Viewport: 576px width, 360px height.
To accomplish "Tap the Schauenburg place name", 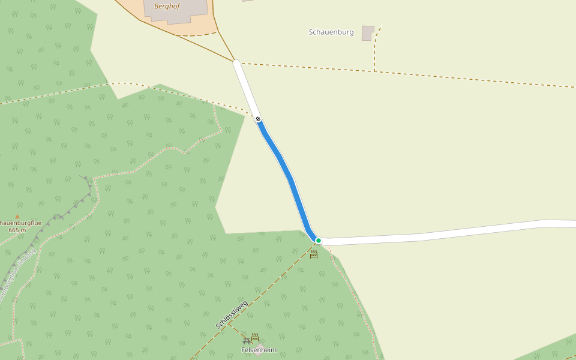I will tap(331, 32).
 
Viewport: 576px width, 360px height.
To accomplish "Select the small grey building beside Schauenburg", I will tap(367, 33).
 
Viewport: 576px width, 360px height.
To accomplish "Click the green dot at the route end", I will tap(319, 241).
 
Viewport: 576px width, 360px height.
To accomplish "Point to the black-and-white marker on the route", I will tap(258, 119).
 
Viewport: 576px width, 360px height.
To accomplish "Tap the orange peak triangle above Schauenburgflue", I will tap(17, 217).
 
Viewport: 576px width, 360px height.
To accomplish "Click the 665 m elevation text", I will tap(17, 230).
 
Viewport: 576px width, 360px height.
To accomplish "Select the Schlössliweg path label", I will tap(232, 314).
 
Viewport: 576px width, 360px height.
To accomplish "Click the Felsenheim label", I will tap(259, 350).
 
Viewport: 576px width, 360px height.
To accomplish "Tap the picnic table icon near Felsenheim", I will tap(247, 341).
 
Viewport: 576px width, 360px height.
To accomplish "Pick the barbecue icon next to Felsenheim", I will tap(255, 337).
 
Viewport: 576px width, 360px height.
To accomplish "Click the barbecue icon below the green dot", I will tap(314, 254).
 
